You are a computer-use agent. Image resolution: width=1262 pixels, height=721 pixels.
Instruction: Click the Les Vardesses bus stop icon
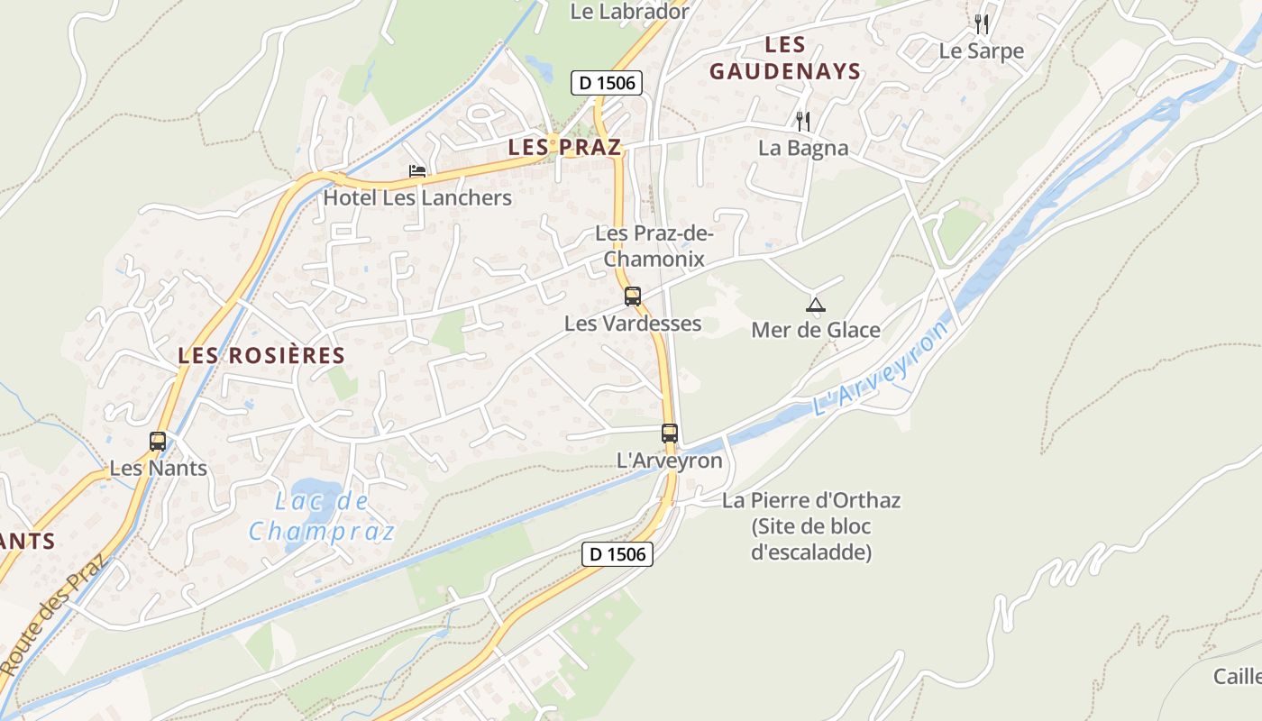point(633,296)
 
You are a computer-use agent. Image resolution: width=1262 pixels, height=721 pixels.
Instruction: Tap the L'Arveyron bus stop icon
point(669,433)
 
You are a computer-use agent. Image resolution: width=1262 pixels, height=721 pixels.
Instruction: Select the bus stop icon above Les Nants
point(158,442)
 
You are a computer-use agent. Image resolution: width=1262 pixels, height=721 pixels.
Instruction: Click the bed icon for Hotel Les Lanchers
point(417,170)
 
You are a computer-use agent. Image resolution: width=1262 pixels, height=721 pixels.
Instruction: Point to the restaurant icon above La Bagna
point(802,121)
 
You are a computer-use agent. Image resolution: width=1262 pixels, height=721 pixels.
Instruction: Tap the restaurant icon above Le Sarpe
point(982,24)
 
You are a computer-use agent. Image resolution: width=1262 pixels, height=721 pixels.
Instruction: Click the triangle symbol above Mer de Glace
point(815,305)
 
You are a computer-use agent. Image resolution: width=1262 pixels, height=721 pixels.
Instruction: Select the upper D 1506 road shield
point(607,83)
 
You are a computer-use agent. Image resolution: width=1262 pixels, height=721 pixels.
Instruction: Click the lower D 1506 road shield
point(617,553)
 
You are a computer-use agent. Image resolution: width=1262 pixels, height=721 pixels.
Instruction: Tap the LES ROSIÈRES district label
point(261,355)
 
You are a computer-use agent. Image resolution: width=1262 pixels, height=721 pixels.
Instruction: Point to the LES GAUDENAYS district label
point(784,58)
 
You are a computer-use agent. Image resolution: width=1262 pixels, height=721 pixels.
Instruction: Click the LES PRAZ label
point(564,147)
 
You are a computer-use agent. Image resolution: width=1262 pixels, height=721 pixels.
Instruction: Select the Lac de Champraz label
point(322,516)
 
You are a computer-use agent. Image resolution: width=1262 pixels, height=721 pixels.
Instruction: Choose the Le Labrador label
point(630,12)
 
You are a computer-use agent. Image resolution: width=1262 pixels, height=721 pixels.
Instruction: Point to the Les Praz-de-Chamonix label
point(654,246)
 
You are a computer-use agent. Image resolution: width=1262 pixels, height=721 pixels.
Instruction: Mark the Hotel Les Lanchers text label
point(417,197)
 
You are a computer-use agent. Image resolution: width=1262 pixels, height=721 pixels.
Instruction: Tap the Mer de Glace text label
point(816,330)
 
